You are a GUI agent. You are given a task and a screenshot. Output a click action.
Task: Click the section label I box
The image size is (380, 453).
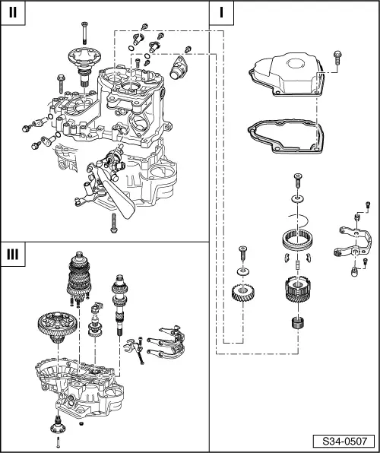tap(221, 13)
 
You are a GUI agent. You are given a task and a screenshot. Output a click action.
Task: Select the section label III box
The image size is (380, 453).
tap(13, 254)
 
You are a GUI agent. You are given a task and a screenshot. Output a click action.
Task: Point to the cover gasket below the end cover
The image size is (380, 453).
tap(286, 134)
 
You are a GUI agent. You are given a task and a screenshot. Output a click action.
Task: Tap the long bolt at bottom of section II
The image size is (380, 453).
tap(112, 221)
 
